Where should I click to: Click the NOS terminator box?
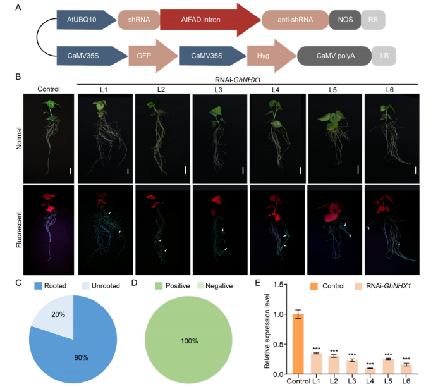coord(344,20)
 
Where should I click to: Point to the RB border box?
coord(372,20)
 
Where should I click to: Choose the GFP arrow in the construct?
coord(150,56)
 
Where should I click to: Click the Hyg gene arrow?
coord(268,56)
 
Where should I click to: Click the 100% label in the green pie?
coord(190,342)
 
